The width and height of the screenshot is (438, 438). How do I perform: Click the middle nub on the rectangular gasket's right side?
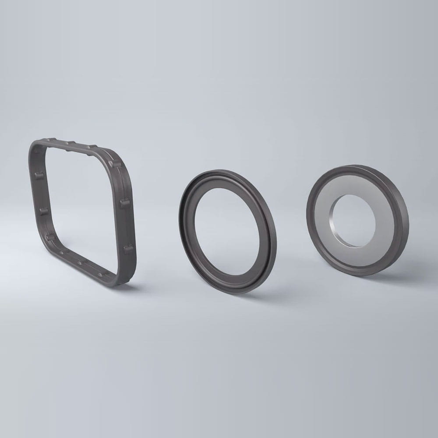coord(124,203)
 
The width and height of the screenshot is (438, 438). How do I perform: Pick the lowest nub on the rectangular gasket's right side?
coord(128,249)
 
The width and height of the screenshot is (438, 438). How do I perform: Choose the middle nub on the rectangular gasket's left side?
coord(43,212)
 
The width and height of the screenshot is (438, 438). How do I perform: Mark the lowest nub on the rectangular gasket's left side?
coord(50,237)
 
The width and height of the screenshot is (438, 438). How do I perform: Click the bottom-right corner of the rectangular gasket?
coord(125,280)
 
